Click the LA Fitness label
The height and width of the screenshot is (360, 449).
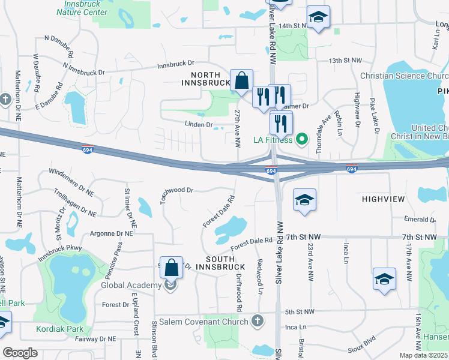(273, 140)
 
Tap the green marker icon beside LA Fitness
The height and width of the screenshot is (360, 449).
(302, 140)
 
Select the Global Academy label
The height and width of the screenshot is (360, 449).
(131, 285)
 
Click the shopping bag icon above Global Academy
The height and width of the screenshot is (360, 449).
(172, 269)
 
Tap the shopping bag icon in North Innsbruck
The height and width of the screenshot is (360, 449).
(241, 80)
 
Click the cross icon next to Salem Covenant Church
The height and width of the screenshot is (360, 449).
(258, 320)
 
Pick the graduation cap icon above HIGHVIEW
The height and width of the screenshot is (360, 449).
(304, 200)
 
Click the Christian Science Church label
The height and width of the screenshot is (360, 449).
(404, 76)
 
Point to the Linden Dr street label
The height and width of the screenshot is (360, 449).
(201, 125)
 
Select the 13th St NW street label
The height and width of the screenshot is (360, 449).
(345, 61)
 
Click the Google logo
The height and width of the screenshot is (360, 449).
(20, 353)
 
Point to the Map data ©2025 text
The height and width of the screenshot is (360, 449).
(424, 355)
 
